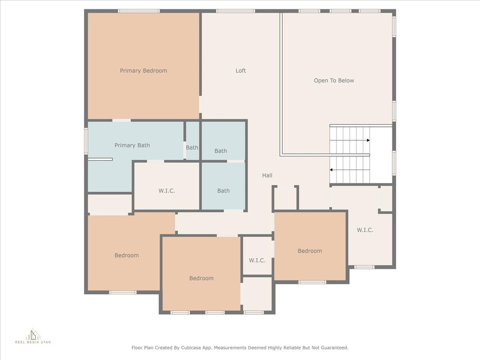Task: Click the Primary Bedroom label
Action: [x=143, y=71]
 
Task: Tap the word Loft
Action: [x=240, y=71]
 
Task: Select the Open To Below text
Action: [x=334, y=81]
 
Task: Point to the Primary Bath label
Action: [x=132, y=145]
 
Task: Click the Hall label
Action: [x=267, y=175]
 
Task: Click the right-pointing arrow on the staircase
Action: [x=368, y=140]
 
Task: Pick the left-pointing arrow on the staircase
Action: [x=332, y=170]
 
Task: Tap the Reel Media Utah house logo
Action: [x=33, y=335]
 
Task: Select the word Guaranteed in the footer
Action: [x=332, y=348]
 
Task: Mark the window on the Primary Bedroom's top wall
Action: [x=138, y=11]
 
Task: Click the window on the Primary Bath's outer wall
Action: [x=86, y=141]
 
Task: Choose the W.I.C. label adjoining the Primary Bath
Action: [x=166, y=191]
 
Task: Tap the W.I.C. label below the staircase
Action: [x=365, y=230]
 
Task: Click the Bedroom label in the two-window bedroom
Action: [x=201, y=278]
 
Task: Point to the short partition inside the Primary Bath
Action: [x=100, y=159]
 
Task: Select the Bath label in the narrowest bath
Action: [x=192, y=148]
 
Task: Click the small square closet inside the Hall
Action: [x=285, y=198]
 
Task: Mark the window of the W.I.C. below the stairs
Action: [x=364, y=267]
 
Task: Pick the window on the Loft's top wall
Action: [x=235, y=11]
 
